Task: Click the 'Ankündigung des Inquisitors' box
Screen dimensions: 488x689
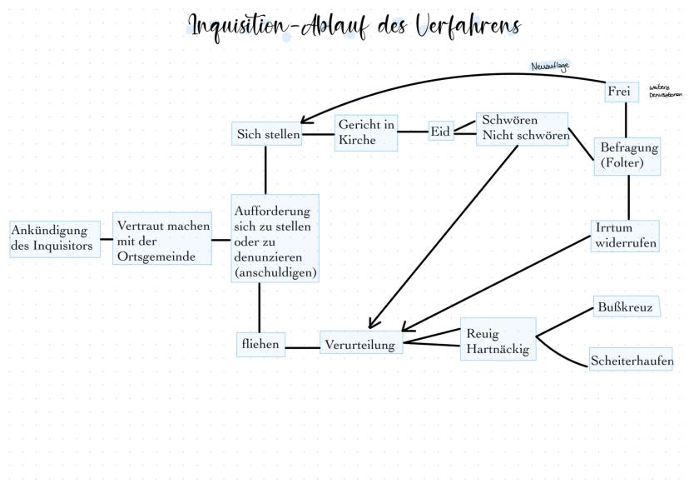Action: coord(55,239)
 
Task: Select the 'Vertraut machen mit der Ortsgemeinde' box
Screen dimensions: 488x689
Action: coord(163,241)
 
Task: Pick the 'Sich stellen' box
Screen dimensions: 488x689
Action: coord(266,133)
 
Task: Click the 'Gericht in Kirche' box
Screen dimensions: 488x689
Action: coord(366,132)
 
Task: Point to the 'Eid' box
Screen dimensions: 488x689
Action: coord(440,132)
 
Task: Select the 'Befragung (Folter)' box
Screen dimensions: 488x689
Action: coord(628,156)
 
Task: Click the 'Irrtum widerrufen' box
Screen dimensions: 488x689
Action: coord(626,236)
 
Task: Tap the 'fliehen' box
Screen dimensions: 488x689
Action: coord(260,343)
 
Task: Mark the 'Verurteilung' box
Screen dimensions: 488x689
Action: coord(361,343)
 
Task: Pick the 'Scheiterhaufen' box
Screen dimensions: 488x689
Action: coord(632,361)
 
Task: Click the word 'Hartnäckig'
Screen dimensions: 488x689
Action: coord(498,350)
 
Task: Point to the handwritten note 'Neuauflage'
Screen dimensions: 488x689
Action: coord(550,66)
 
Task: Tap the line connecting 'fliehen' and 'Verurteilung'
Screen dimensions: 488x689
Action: coord(303,346)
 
